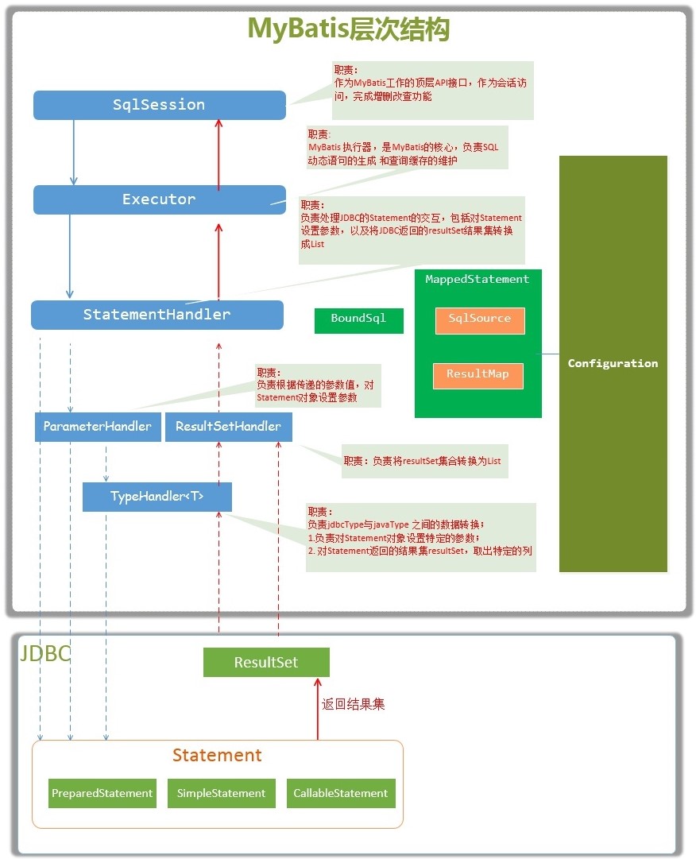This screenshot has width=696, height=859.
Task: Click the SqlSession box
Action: (160, 105)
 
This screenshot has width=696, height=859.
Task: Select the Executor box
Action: (160, 199)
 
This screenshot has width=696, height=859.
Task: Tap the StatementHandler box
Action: (157, 315)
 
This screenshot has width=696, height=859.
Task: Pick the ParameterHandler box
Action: (98, 427)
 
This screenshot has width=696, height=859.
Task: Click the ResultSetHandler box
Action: (228, 427)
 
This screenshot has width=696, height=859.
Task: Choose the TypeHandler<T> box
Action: (157, 497)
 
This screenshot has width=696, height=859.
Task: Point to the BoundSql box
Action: (358, 320)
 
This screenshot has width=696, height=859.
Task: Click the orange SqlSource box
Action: (480, 320)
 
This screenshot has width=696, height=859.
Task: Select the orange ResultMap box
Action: (478, 376)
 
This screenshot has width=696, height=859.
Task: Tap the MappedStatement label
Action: (478, 280)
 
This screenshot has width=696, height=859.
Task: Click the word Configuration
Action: (613, 363)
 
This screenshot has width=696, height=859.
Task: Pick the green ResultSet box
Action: (266, 663)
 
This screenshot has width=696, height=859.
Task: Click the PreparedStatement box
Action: (102, 793)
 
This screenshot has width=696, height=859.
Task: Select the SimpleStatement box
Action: (221, 793)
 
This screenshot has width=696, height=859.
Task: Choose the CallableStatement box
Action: (341, 793)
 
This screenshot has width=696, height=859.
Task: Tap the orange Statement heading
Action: (218, 756)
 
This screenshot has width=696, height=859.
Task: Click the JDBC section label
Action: (45, 653)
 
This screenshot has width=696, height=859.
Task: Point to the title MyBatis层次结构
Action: (349, 29)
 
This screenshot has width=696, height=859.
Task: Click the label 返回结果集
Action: (354, 704)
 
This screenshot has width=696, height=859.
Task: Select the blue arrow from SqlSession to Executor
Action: (73, 153)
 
